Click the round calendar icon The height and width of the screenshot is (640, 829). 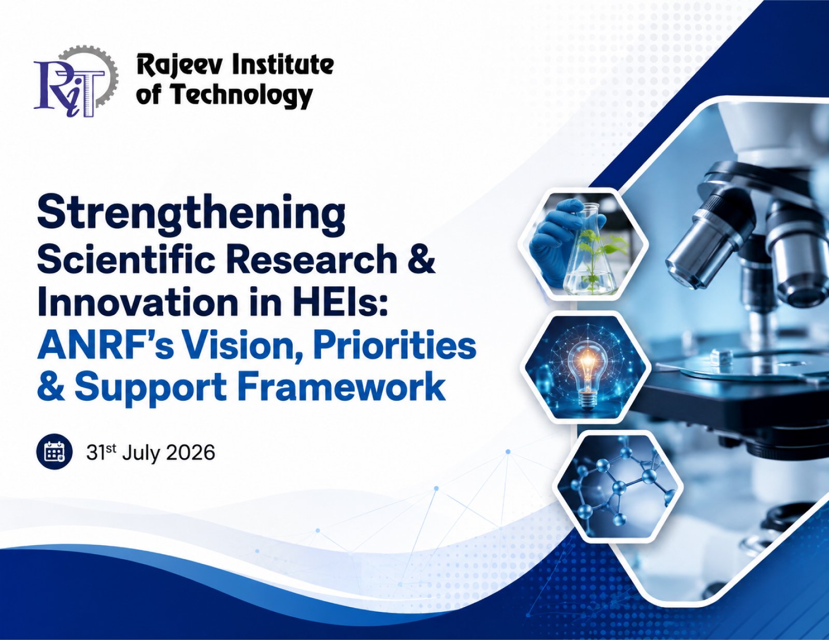(x=54, y=453)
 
